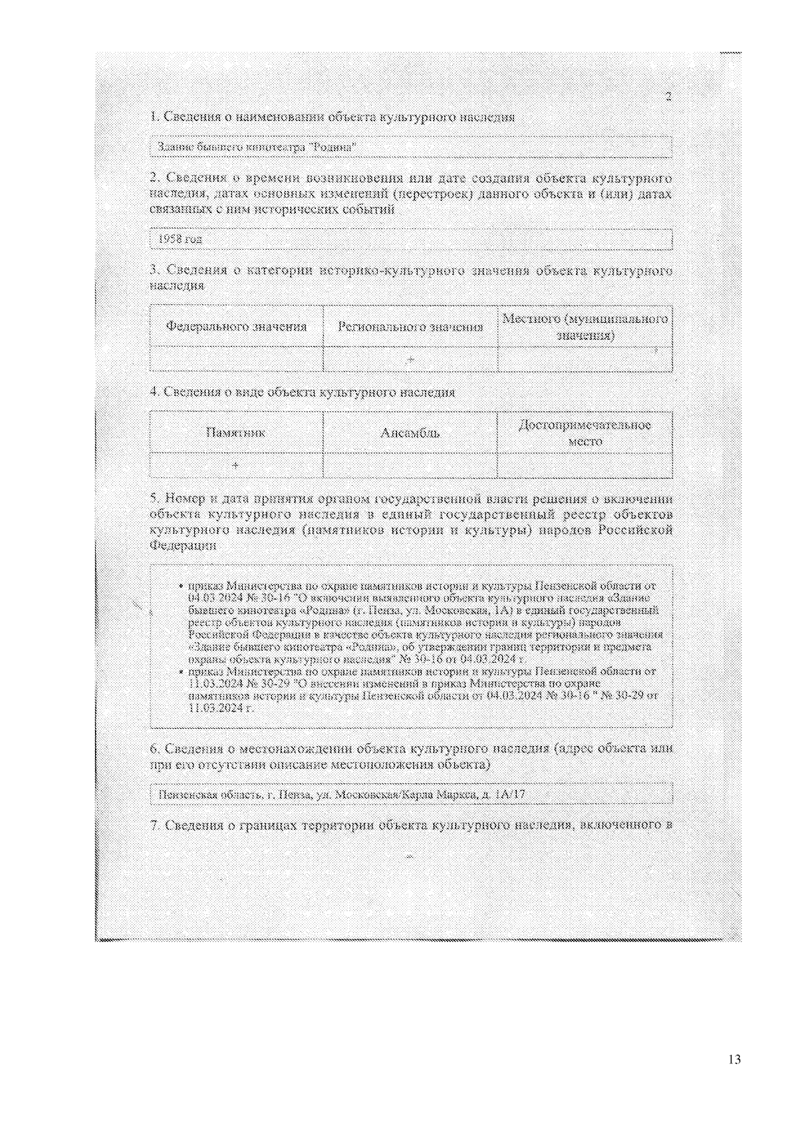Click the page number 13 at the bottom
[x=734, y=1059]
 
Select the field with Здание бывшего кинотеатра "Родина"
[x=410, y=147]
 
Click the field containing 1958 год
[x=410, y=239]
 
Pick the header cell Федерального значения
[x=236, y=327]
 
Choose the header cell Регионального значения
[x=410, y=327]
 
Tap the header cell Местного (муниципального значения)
[x=585, y=327]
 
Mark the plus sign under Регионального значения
[x=411, y=359]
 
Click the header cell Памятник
[x=236, y=433]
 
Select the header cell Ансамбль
[x=410, y=433]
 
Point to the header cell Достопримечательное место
[x=585, y=433]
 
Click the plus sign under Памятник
[x=235, y=465]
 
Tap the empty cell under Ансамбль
[x=410, y=465]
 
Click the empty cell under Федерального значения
[x=236, y=359]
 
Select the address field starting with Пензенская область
[x=410, y=794]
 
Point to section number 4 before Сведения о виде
[x=154, y=392]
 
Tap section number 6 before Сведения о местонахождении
[x=154, y=749]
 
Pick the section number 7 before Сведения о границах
[x=154, y=826]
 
